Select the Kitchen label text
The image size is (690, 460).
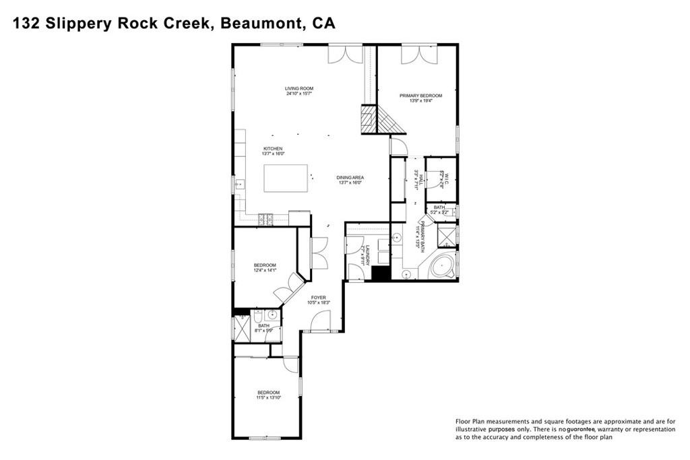273,148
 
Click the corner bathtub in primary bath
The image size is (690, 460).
442,267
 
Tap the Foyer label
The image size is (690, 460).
318,297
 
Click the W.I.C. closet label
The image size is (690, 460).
443,180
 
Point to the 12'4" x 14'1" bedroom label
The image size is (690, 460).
265,265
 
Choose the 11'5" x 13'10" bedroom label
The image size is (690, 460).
268,393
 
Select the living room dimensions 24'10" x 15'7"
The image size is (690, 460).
299,94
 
